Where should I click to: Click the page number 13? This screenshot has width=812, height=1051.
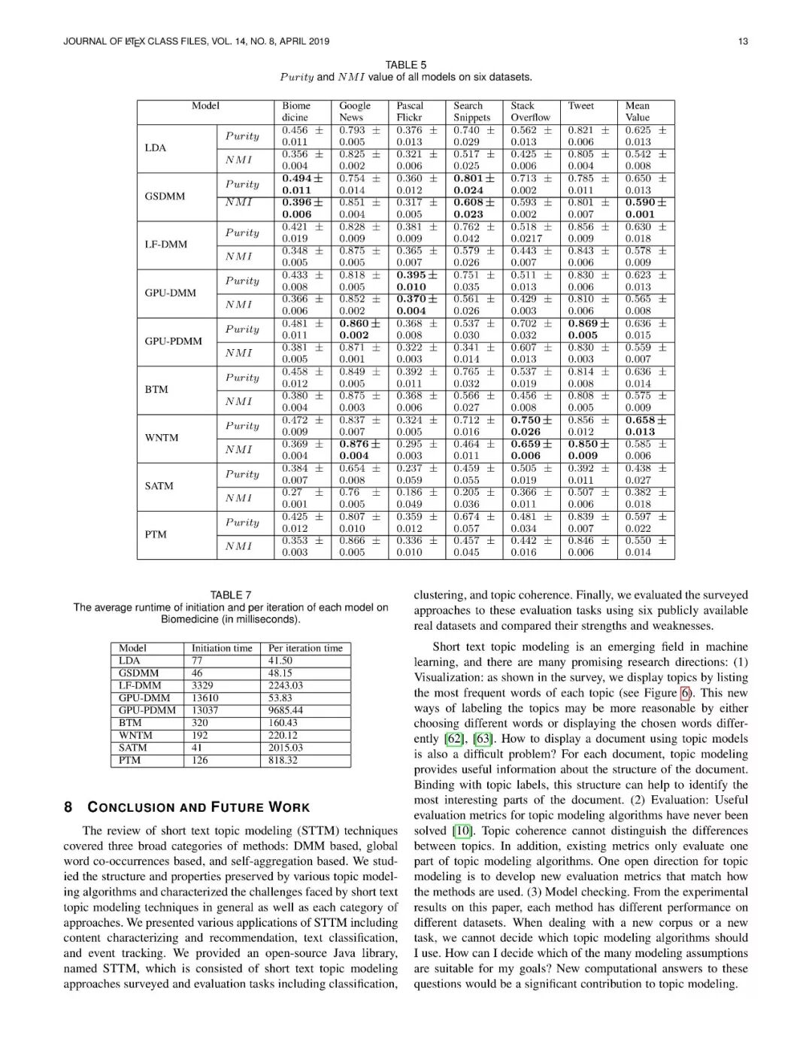click(743, 41)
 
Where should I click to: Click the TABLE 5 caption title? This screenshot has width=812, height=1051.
click(406, 65)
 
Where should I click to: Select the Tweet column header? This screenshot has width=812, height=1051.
click(581, 106)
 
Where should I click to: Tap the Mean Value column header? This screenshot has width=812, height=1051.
click(638, 111)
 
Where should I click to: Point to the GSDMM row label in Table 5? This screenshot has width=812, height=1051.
click(165, 196)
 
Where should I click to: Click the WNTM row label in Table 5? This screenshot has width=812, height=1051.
click(162, 438)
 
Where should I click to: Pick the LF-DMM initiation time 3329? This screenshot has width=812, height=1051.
click(202, 685)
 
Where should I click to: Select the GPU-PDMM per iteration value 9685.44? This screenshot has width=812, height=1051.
click(286, 710)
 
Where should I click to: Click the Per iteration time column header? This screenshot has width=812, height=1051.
click(305, 648)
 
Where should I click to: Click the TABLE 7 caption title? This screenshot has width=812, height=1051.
click(231, 594)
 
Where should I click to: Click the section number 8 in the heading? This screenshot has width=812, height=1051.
click(68, 807)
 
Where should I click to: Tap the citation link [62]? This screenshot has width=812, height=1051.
click(455, 739)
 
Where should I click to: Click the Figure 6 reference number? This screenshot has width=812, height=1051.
click(685, 693)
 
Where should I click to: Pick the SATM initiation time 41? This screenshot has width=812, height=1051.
click(197, 748)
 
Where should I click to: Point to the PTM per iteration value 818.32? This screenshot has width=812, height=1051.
click(283, 760)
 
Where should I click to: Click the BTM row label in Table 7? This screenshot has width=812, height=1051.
click(130, 723)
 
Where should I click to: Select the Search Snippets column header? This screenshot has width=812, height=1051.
click(471, 111)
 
